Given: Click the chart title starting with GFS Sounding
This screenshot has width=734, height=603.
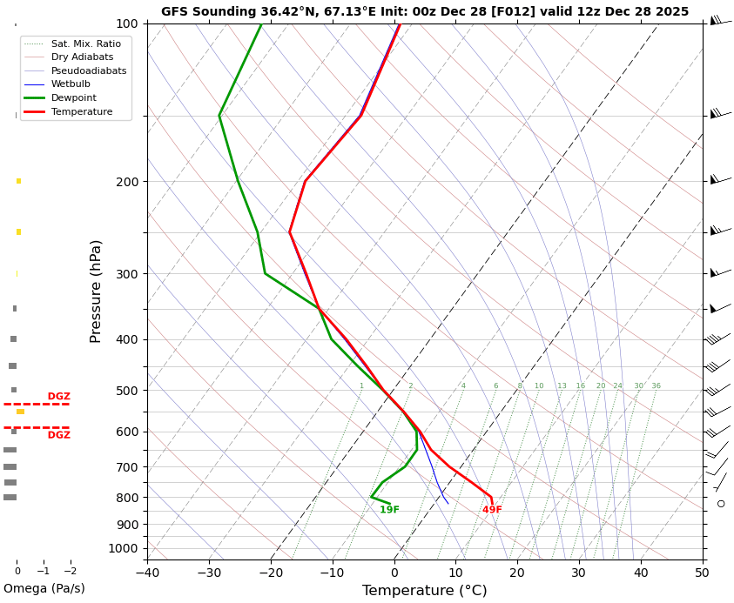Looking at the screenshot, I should (425, 12).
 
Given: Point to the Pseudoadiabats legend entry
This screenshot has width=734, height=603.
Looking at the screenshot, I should (88, 71).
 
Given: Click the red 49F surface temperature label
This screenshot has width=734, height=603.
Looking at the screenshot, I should (492, 511).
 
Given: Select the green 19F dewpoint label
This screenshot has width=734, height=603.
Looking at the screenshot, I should (389, 511).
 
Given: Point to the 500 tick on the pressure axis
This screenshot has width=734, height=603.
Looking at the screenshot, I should (127, 391).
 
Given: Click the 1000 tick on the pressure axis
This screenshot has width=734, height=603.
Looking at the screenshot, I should (124, 548).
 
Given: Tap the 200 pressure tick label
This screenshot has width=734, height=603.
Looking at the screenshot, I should (127, 182).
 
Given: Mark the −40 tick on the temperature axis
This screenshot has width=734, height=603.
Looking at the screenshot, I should (147, 573).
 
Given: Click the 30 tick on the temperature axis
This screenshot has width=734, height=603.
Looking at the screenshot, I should (579, 573).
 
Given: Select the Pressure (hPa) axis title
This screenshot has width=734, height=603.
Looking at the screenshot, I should (97, 291).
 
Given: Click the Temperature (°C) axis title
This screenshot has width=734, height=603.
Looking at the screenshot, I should (424, 591).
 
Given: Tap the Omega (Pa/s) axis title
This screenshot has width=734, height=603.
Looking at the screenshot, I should (44, 589).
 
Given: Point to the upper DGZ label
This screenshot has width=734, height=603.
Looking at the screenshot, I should (59, 397).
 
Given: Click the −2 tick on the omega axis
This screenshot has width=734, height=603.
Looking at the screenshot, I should (71, 572).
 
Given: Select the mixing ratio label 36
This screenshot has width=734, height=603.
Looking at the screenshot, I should (656, 386).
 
